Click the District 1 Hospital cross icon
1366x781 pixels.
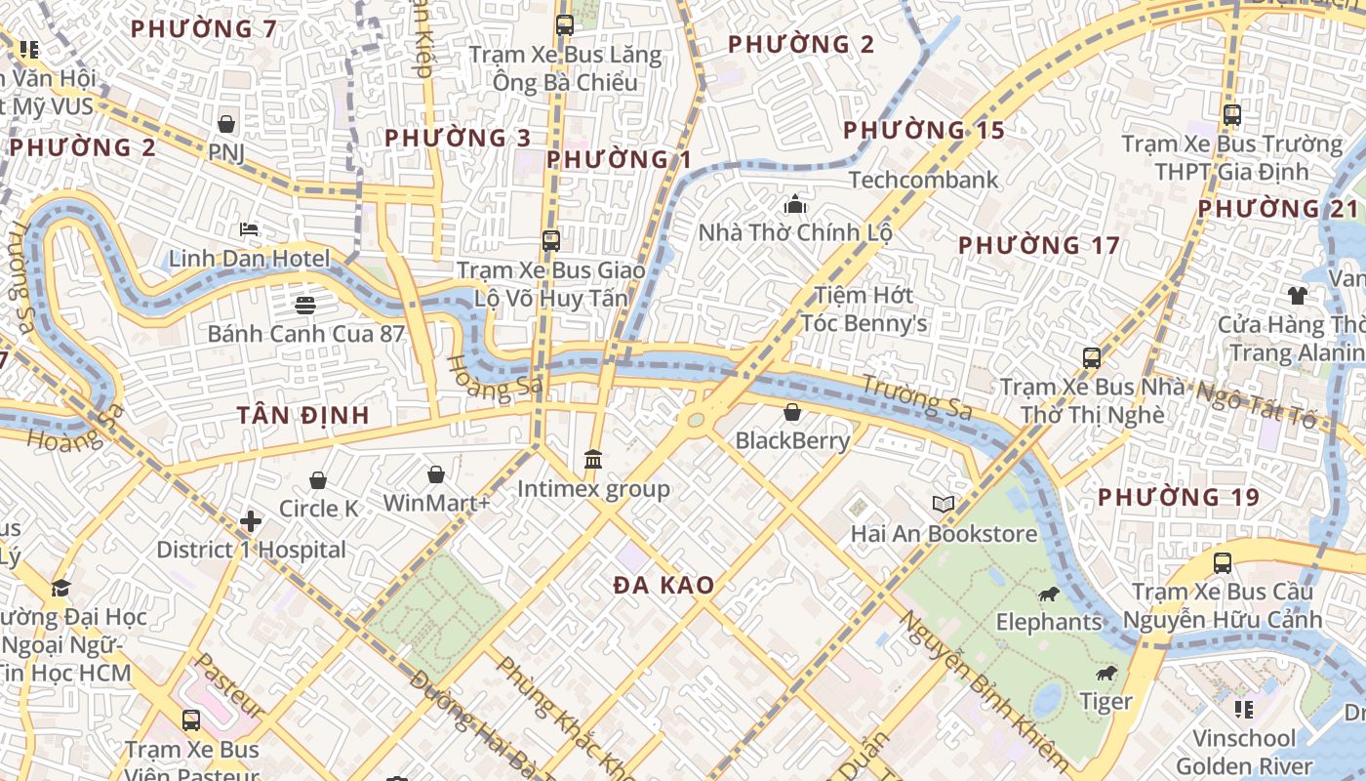pyautogui.click(x=251, y=521)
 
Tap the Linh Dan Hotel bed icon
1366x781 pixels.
pyautogui.click(x=249, y=229)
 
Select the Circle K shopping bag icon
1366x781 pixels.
pyautogui.click(x=317, y=480)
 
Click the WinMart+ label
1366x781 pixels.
pyautogui.click(x=436, y=503)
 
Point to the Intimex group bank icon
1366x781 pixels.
pyautogui.click(x=592, y=459)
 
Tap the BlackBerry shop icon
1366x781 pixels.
pyautogui.click(x=792, y=412)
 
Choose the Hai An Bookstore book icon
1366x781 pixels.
pyautogui.click(x=943, y=504)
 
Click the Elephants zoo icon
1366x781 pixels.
pyautogui.click(x=1049, y=594)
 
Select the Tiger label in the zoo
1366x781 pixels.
pyautogui.click(x=1105, y=701)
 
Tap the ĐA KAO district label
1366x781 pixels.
pyautogui.click(x=663, y=586)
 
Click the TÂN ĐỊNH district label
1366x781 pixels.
pyautogui.click(x=302, y=416)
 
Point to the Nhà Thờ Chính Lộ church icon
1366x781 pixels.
pyautogui.click(x=795, y=205)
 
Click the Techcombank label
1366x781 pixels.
pyautogui.click(x=923, y=180)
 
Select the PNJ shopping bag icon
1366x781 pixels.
pyautogui.click(x=226, y=124)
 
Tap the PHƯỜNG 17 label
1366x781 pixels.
pyautogui.click(x=1038, y=245)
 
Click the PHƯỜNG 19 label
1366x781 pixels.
pyautogui.click(x=1178, y=497)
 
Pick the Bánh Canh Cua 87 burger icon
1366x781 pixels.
pyautogui.click(x=304, y=305)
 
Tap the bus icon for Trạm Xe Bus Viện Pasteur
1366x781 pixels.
pyautogui.click(x=191, y=720)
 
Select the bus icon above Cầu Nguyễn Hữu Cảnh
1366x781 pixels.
pyautogui.click(x=1222, y=563)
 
